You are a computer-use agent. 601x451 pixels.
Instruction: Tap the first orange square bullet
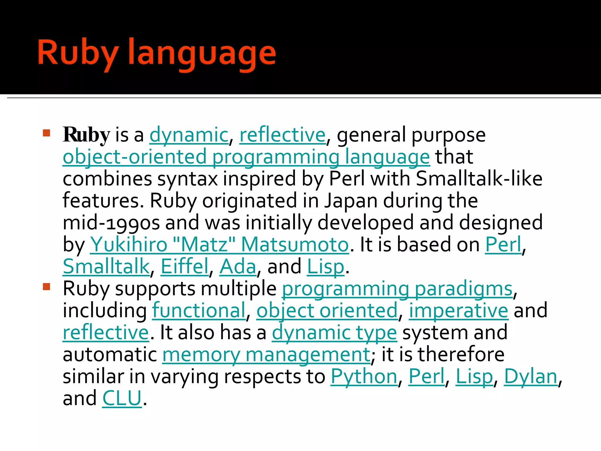point(47,133)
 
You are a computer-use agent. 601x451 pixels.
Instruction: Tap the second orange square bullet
point(47,286)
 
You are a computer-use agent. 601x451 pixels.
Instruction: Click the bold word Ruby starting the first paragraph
point(86,135)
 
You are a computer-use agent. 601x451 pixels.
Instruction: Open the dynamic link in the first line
point(189,135)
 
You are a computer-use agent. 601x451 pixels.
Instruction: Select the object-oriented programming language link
point(246,157)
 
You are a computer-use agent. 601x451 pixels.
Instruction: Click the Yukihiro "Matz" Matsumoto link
point(219,245)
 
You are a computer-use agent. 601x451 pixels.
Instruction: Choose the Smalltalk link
point(106,267)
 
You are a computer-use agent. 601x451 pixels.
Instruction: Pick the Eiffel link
point(185,267)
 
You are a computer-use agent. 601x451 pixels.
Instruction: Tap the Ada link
point(238,267)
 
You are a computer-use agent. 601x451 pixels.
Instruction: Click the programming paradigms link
point(397,289)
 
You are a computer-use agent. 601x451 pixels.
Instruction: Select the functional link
point(199,311)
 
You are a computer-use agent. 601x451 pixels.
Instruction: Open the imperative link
point(458,311)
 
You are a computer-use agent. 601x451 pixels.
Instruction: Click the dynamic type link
point(334,333)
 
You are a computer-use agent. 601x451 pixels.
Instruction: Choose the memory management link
point(266,355)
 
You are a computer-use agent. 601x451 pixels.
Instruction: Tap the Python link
point(364,376)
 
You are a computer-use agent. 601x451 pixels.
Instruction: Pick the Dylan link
point(531,376)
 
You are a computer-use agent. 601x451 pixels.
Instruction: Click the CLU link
point(122,398)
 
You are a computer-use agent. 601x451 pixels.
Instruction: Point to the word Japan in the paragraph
point(351,201)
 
